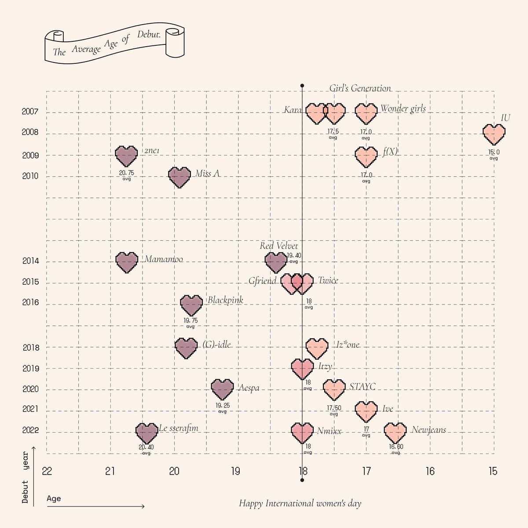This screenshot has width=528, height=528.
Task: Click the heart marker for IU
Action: point(494,134)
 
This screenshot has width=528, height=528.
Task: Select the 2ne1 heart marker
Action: point(126,155)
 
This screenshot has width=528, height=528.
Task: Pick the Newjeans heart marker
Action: point(395,432)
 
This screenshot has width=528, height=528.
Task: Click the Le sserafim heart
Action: point(147,433)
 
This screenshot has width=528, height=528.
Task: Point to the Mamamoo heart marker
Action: point(127,262)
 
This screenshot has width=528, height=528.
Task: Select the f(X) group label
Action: point(390,151)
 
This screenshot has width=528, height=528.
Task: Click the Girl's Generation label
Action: point(360,88)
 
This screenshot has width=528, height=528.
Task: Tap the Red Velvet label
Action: point(279,246)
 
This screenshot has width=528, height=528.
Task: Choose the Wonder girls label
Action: point(403,108)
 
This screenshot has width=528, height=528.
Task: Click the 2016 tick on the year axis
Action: point(30,303)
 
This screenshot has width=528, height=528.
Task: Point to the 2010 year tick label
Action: point(30,176)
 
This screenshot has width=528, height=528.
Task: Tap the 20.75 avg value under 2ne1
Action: point(127,173)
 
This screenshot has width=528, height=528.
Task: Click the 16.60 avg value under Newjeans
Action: point(396,447)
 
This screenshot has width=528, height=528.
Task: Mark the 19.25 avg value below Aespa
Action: point(222,405)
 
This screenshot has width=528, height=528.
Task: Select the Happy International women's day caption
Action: point(300,503)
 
